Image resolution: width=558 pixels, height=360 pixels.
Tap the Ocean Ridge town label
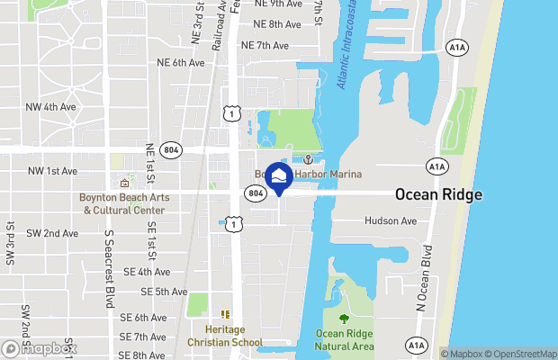tap(438, 194)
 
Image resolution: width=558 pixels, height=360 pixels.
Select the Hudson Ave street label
tap(391, 220)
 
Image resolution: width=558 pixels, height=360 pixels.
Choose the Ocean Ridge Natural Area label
tap(343, 341)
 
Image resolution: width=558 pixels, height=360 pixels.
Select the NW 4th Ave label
tap(52, 107)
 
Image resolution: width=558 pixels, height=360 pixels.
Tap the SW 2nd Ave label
tap(52, 233)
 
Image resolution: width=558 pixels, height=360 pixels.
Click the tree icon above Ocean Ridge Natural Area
tap(343, 319)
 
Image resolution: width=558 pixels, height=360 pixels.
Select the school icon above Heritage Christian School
tap(225, 314)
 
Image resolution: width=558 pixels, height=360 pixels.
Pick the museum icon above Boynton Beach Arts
tap(124, 184)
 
